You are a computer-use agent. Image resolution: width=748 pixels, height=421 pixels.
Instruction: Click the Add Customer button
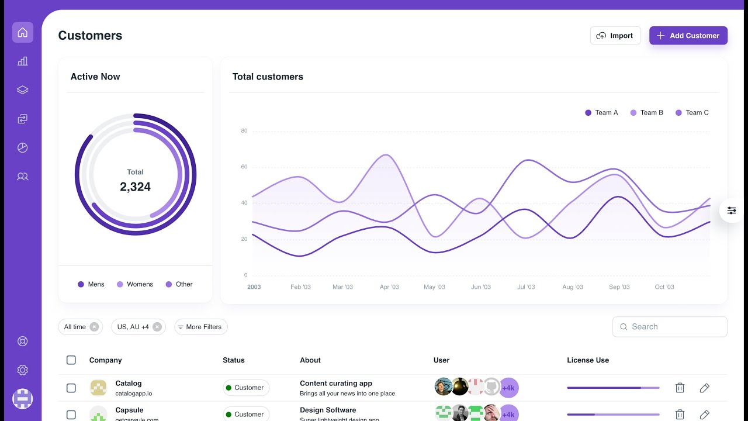pyautogui.click(x=688, y=36)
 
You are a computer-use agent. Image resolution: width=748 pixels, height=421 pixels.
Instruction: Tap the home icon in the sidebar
pyautogui.click(x=23, y=33)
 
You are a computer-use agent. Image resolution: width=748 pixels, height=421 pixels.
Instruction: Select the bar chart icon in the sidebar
pyautogui.click(x=23, y=61)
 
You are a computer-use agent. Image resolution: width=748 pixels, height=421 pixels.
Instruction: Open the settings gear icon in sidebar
pyautogui.click(x=23, y=370)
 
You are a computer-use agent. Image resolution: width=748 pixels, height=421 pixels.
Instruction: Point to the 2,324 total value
pyautogui.click(x=135, y=187)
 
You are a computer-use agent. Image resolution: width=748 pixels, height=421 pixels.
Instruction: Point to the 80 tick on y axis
pyautogui.click(x=244, y=131)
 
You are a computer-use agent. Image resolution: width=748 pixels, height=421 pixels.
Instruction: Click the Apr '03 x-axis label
pyautogui.click(x=389, y=287)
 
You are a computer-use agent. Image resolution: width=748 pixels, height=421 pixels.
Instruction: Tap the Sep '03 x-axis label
pyautogui.click(x=619, y=287)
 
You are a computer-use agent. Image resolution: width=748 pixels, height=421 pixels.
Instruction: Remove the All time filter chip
pyautogui.click(x=94, y=327)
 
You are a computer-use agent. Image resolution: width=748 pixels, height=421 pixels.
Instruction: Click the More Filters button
pyautogui.click(x=200, y=327)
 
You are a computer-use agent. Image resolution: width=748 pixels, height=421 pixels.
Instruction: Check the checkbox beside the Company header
pyautogui.click(x=71, y=360)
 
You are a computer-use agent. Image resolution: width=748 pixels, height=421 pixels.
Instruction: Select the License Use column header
pyautogui.click(x=587, y=360)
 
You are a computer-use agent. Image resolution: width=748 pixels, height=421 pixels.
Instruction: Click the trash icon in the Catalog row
pyautogui.click(x=680, y=388)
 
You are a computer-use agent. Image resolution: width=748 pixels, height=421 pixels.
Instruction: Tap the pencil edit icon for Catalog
pyautogui.click(x=704, y=388)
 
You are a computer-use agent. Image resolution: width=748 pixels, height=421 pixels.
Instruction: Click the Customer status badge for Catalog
pyautogui.click(x=246, y=388)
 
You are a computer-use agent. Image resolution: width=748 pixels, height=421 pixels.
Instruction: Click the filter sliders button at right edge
pyautogui.click(x=732, y=210)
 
